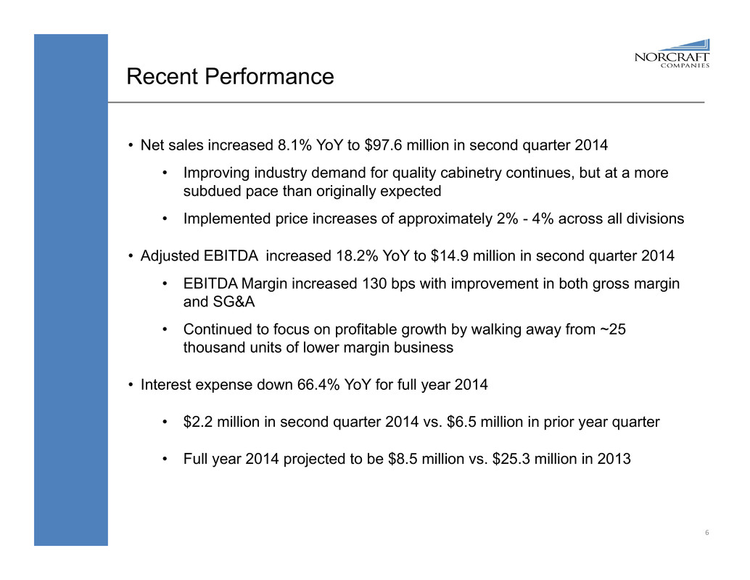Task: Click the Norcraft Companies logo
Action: point(672,52)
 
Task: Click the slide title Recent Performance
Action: point(230,76)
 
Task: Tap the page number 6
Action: point(706,534)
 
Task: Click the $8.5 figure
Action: point(419,459)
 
